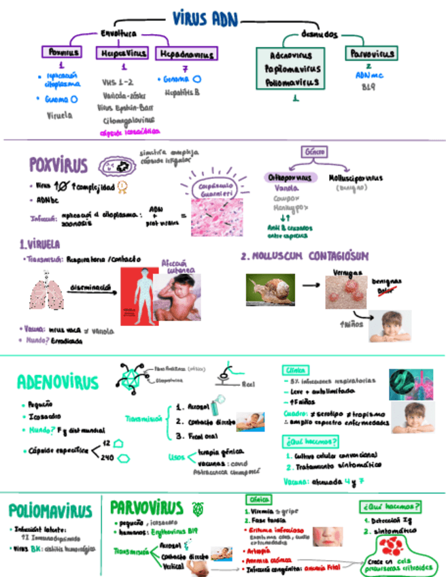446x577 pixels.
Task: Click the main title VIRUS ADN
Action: click(204, 18)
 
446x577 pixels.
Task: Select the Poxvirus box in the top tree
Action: click(62, 52)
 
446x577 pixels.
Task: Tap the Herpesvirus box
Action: click(123, 52)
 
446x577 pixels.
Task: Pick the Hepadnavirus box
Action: click(185, 52)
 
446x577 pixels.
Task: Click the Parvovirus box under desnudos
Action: click(370, 53)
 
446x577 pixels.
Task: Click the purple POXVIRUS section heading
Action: click(58, 164)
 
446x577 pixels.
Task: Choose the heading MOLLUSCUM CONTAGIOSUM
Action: click(305, 257)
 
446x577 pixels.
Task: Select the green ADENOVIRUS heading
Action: click(57, 382)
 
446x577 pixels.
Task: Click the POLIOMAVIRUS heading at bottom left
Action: click(50, 511)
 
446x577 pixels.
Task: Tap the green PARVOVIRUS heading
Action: click(146, 508)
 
